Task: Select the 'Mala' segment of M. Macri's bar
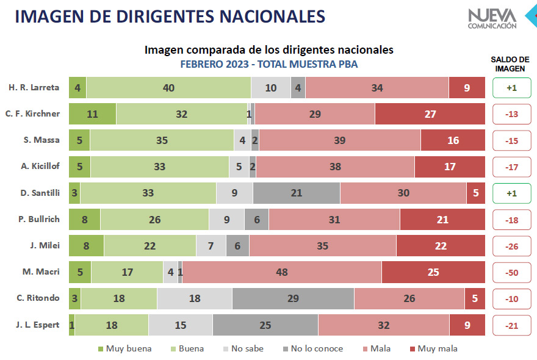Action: [282, 272]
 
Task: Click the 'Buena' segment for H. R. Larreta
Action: [168, 88]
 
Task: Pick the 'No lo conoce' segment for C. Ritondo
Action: [293, 298]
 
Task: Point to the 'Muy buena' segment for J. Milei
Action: [86, 246]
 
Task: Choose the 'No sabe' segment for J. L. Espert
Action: [181, 325]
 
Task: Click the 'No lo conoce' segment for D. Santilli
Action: [297, 193]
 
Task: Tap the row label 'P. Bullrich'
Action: [39, 219]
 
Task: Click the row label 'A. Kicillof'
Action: [40, 167]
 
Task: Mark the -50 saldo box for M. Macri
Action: [511, 272]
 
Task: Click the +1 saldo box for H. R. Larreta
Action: [511, 88]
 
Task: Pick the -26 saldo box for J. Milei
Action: [511, 246]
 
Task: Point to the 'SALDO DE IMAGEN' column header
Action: [510, 64]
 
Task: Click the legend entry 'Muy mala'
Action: [433, 349]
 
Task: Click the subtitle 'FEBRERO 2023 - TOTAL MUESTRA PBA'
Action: [269, 64]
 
